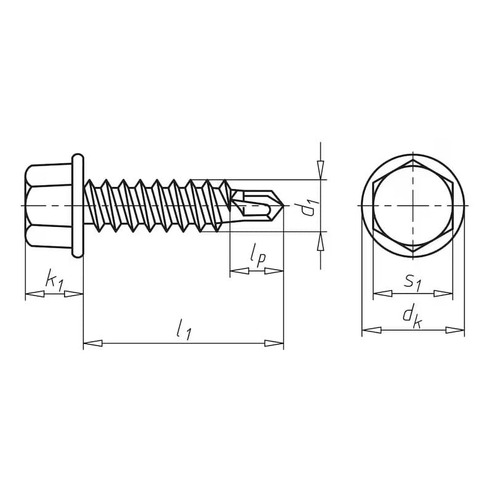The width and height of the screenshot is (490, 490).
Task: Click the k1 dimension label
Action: (x=54, y=280)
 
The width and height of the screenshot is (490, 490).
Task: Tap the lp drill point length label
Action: (x=258, y=254)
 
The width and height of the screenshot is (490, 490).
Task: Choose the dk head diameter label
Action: (x=411, y=316)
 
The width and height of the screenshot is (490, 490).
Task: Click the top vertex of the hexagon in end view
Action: (x=413, y=160)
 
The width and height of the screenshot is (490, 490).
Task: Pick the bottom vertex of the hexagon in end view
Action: (x=413, y=250)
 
